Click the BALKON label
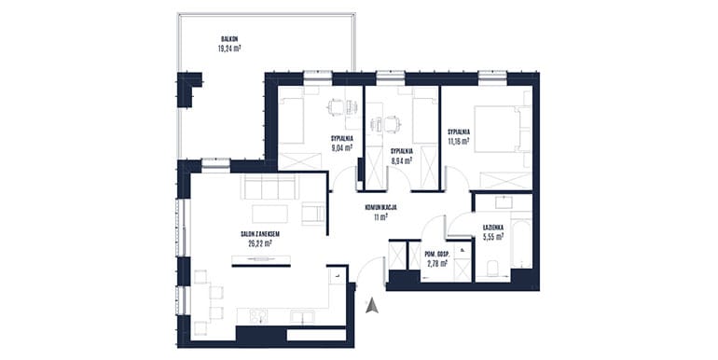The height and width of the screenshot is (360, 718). pyautogui.click(x=229, y=39)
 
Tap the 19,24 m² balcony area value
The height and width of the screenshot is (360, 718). pyautogui.click(x=229, y=48)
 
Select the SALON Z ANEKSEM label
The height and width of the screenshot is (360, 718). pyautogui.click(x=260, y=234)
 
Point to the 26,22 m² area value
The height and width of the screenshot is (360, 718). pyautogui.click(x=260, y=243)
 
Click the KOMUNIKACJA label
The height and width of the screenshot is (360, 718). pyautogui.click(x=380, y=207)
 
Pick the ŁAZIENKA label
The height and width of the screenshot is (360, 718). pyautogui.click(x=493, y=228)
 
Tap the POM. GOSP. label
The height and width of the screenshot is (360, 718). pyautogui.click(x=436, y=255)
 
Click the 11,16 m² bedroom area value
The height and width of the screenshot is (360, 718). pyautogui.click(x=459, y=142)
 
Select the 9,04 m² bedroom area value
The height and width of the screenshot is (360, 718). pyautogui.click(x=342, y=147)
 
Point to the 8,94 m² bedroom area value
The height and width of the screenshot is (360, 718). pyautogui.click(x=402, y=160)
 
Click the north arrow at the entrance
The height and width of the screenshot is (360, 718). pyautogui.click(x=372, y=306)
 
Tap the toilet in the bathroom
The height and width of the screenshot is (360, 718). pyautogui.click(x=492, y=269)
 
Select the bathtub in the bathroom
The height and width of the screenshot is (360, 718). pyautogui.click(x=521, y=244)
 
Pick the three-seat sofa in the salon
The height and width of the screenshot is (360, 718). pyautogui.click(x=269, y=187)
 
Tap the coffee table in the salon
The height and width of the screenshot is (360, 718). pyautogui.click(x=269, y=214)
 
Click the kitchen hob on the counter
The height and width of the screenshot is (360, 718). pyautogui.click(x=257, y=316)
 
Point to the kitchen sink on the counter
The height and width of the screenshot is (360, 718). pyautogui.click(x=303, y=317)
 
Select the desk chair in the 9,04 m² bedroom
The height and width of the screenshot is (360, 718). pyautogui.click(x=335, y=108)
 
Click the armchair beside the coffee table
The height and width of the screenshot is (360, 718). pyautogui.click(x=313, y=214)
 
